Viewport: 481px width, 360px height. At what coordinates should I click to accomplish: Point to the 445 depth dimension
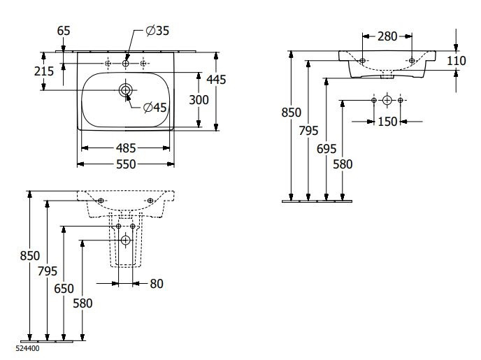click(217, 80)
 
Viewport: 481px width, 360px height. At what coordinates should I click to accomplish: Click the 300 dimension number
click(199, 100)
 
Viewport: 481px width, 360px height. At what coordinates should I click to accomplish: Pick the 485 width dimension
click(127, 148)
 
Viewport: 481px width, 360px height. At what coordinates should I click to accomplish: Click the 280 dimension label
click(388, 36)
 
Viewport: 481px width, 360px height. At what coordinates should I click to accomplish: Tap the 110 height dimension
click(456, 61)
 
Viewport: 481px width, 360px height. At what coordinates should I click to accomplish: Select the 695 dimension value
click(326, 148)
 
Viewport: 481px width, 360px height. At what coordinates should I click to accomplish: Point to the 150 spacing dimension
click(387, 122)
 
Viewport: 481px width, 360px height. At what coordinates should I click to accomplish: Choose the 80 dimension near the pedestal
click(157, 283)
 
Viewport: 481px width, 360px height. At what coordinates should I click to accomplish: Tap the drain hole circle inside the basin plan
click(126, 90)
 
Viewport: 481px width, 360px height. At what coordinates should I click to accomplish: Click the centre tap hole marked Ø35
click(126, 64)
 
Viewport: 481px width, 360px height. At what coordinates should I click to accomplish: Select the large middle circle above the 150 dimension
click(387, 101)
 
